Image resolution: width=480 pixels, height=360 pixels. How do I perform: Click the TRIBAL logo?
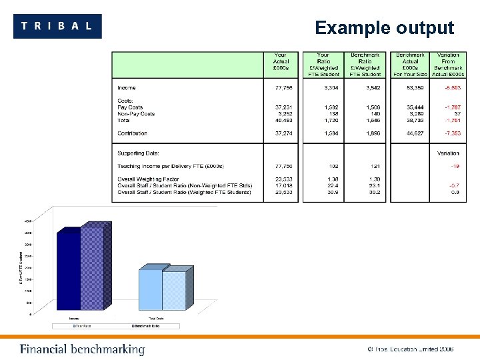click(x=57, y=26)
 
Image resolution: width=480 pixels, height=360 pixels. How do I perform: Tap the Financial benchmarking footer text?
click(x=82, y=349)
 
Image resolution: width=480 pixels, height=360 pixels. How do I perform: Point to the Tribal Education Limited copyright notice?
click(x=410, y=349)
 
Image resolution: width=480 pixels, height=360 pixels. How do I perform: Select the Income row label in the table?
click(x=127, y=88)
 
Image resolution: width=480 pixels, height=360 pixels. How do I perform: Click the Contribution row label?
click(x=132, y=133)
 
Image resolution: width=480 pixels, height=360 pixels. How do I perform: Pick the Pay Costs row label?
click(x=130, y=107)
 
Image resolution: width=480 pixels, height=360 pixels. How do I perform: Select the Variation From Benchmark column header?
click(x=448, y=65)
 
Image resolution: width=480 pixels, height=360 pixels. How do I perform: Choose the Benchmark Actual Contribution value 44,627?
click(x=410, y=133)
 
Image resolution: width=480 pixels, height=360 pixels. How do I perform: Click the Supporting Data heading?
click(x=138, y=153)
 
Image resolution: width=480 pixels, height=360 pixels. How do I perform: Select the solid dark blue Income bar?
click(x=69, y=270)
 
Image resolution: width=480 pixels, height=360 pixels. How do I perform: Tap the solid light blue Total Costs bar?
click(x=151, y=289)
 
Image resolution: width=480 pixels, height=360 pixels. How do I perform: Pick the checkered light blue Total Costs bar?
click(x=174, y=290)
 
